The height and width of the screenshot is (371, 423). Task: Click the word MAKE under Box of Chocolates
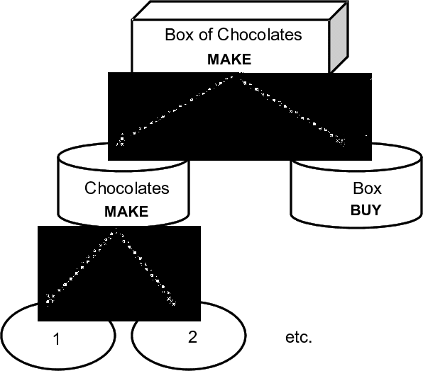[229, 59]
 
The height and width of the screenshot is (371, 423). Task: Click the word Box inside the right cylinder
[367, 188]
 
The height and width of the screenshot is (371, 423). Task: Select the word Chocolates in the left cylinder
[127, 188]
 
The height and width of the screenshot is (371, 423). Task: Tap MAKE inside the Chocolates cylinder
[126, 211]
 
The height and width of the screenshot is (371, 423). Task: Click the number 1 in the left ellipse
[56, 339]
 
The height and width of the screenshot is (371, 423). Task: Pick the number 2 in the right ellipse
[192, 336]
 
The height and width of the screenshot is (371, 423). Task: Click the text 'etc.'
[298, 337]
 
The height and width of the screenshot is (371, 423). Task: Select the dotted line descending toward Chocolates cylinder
[177, 109]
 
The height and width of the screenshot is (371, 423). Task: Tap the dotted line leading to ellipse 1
[79, 267]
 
